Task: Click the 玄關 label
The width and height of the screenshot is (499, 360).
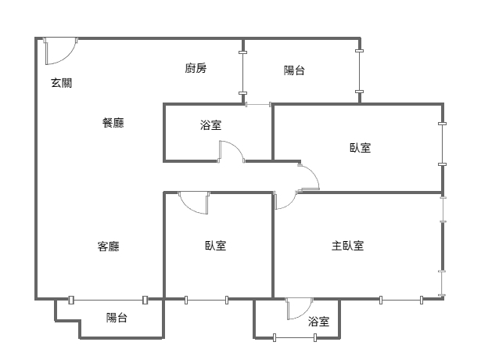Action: (62, 83)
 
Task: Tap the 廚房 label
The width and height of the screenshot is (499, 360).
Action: (196, 68)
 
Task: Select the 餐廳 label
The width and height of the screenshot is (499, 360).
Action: (113, 123)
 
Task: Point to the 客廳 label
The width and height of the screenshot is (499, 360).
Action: (109, 246)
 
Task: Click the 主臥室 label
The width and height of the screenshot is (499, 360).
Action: (347, 246)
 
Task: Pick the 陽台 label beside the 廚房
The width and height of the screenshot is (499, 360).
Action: (294, 70)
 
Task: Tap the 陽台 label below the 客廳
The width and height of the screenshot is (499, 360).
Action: (117, 318)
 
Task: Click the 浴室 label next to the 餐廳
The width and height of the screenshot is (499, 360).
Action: (211, 124)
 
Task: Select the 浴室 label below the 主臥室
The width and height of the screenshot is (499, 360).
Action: (318, 322)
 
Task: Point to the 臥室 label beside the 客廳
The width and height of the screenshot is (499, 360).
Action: (216, 246)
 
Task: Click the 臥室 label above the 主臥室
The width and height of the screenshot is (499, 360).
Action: (361, 147)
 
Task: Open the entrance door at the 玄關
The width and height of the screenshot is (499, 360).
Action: (59, 51)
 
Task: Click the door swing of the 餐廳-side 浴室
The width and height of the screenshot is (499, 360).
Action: (231, 151)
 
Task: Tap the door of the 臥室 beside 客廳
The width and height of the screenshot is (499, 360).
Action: (194, 203)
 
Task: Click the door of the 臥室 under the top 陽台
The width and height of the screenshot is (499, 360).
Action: (308, 178)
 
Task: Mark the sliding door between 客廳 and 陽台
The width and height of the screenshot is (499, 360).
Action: (108, 299)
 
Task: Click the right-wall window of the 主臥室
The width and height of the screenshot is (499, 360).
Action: (443, 246)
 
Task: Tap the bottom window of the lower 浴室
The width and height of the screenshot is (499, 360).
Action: (294, 337)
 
